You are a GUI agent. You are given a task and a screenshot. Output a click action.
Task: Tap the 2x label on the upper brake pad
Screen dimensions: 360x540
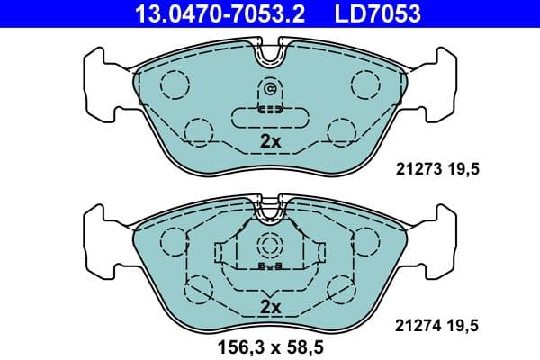pyautogui.click(x=270, y=141)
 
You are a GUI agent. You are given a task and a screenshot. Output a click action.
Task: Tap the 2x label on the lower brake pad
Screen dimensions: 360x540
pyautogui.click(x=270, y=307)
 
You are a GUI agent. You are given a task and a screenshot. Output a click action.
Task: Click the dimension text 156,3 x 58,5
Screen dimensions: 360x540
pyautogui.click(x=271, y=343)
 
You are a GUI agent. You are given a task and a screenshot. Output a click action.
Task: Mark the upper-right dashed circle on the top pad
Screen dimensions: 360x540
pyautogui.click(x=366, y=84)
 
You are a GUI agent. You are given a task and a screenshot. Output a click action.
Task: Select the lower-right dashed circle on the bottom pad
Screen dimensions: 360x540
pyautogui.click(x=342, y=290)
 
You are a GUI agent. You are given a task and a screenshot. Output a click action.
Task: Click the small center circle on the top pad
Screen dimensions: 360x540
pyautogui.click(x=270, y=89)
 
